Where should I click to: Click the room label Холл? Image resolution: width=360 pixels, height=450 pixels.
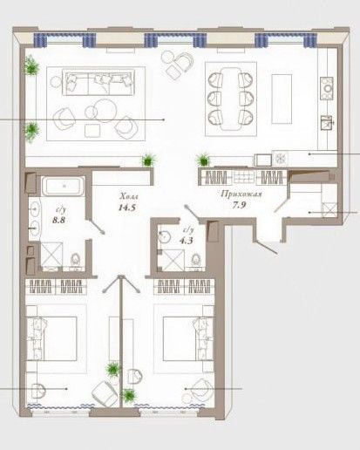point(129,197)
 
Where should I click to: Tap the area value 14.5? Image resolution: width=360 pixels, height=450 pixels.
point(127,208)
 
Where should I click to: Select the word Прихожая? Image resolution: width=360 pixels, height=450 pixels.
point(241,194)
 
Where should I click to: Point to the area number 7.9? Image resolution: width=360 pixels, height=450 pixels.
point(239,205)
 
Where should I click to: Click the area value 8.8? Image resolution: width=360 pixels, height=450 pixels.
point(58,220)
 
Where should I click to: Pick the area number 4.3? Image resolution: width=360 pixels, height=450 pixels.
point(186,241)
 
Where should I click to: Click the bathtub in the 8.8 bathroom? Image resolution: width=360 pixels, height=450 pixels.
point(63,186)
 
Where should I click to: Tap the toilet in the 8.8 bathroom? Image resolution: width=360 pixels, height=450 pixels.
point(76,260)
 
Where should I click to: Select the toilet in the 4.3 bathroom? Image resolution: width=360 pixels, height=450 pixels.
point(197,260)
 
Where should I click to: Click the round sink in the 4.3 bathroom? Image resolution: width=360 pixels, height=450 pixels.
point(164,237)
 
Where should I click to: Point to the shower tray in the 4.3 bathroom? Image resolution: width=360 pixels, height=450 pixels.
point(173,261)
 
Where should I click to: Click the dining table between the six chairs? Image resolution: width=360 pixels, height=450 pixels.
point(231,99)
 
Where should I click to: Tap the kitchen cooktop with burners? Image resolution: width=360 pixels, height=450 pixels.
point(327,88)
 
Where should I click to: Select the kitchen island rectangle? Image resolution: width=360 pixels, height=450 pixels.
point(282,99)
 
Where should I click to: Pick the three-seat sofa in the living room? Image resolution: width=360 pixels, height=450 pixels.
point(98,82)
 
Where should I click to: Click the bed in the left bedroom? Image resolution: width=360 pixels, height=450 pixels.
point(52,338)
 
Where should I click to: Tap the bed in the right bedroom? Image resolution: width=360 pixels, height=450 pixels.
point(188,338)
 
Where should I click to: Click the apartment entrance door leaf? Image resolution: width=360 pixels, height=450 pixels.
point(268,248)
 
